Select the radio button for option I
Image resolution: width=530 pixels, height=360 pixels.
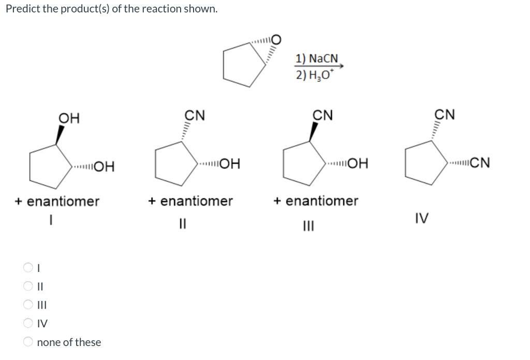[x=27, y=268]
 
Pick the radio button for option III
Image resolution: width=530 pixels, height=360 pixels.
[x=27, y=305]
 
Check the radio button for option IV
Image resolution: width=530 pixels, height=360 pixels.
[x=27, y=323]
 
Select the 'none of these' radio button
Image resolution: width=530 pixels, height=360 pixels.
[x=27, y=342]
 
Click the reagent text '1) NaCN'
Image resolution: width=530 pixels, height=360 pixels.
[x=316, y=59]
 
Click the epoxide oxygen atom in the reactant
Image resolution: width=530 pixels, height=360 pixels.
[x=276, y=39]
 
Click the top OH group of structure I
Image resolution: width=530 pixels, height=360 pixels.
[x=69, y=118]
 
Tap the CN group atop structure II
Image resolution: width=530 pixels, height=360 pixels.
[x=195, y=114]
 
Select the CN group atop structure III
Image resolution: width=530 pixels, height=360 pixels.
[x=323, y=114]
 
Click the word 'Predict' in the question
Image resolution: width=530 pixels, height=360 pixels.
[x=21, y=9]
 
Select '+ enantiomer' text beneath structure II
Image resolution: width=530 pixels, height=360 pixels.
[x=190, y=200]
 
